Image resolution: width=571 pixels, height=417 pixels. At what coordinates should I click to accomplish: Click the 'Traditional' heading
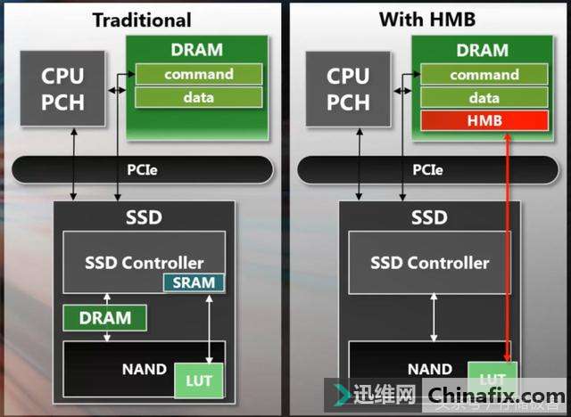click(x=142, y=19)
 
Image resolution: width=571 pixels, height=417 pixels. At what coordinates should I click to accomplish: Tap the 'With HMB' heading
click(x=427, y=19)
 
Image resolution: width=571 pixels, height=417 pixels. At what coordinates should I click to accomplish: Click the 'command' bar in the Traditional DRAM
click(x=199, y=75)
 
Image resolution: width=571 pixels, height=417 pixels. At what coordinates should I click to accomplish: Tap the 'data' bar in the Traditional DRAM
click(x=199, y=97)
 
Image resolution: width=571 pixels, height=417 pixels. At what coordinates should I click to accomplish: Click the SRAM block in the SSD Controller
click(x=194, y=283)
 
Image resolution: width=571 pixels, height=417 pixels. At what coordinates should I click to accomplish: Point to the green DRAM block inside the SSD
click(x=105, y=317)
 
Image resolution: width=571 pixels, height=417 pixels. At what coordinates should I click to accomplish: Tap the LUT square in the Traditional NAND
click(x=198, y=380)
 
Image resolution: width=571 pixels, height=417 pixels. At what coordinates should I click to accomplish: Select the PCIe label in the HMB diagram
click(x=427, y=168)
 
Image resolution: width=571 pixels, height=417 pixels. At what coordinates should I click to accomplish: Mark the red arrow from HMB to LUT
click(x=508, y=249)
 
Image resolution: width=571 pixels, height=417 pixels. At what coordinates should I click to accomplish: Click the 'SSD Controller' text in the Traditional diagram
click(x=144, y=263)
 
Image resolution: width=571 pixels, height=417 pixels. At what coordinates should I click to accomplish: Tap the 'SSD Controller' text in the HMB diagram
click(x=430, y=263)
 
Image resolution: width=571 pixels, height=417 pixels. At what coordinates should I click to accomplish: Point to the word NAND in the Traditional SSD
click(x=144, y=368)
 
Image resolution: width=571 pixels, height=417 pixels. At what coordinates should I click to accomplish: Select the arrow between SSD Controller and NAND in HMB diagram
click(x=434, y=316)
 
